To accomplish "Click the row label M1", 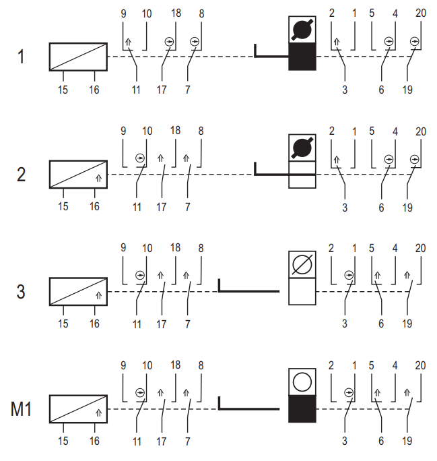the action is click(21, 408).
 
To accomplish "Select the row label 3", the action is click(21, 292).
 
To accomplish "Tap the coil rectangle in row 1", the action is click(78, 57).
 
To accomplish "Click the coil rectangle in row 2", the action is click(78, 175).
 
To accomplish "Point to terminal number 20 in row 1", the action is click(421, 13).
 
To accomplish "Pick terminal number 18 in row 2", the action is click(176, 130).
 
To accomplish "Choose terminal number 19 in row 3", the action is click(407, 324).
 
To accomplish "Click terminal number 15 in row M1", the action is click(63, 441).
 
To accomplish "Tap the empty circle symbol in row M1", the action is click(302, 381).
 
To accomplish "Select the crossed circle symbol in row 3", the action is click(302, 264).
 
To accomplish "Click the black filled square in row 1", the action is click(302, 57).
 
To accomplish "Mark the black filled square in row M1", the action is click(302, 408).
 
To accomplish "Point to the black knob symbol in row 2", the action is click(302, 148).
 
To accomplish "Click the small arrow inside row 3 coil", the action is click(99, 295).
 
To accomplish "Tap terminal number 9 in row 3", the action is click(123, 247).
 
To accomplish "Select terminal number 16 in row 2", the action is click(94, 206).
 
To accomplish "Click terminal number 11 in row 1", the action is click(136, 90).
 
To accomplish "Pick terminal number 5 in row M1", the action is click(372, 365).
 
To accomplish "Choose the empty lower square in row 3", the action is click(302, 291).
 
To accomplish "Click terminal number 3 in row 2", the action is click(345, 208).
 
